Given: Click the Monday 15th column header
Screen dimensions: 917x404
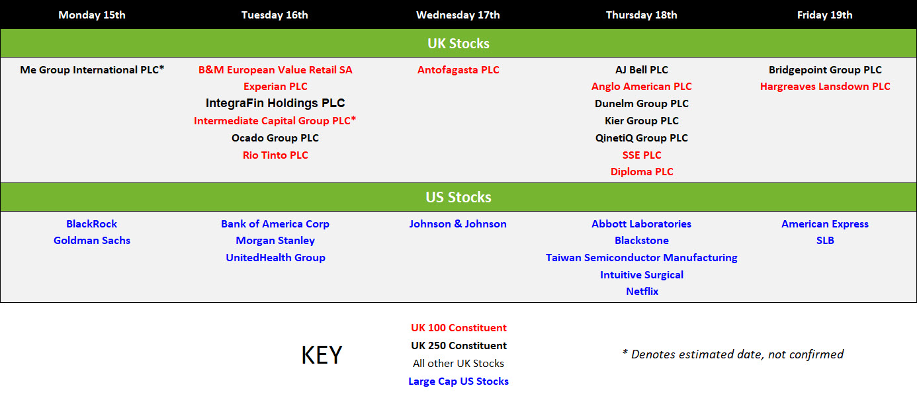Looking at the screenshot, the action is coord(92,15).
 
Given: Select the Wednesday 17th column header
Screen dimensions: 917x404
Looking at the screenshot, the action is coord(458,15).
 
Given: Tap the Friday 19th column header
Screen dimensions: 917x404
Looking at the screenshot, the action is coord(824,15).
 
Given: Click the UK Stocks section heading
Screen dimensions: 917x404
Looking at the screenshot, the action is coord(458,44).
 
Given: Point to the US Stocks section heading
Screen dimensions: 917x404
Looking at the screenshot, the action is coord(458,197).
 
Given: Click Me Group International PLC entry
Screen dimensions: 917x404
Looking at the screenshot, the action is coord(92,69).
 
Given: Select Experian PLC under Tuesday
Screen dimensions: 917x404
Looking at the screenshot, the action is coord(275,87).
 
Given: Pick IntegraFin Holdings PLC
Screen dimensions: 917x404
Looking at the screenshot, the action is coord(275,103).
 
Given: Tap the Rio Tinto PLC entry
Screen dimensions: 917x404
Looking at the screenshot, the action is coord(275,155).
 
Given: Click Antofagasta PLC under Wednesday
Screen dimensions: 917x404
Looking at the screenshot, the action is coord(458,70).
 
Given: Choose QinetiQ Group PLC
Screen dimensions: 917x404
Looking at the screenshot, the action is coord(642,138).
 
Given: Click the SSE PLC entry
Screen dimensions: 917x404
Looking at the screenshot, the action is coord(642,155).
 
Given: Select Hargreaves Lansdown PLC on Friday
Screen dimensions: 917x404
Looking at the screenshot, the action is coord(825,87).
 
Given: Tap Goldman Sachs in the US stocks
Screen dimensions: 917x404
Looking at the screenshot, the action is coord(92,240).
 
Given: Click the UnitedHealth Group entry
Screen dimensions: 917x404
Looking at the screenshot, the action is coord(275,257).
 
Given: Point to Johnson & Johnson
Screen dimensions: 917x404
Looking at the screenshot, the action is coord(458,224).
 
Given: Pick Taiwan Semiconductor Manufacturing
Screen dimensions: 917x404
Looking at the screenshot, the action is coord(642,257).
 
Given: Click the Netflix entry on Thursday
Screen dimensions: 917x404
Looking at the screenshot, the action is coord(642,292).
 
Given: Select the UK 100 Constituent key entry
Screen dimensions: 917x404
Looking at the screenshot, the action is coord(459,328).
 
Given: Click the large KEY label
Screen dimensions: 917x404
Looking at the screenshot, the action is coord(322,355).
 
